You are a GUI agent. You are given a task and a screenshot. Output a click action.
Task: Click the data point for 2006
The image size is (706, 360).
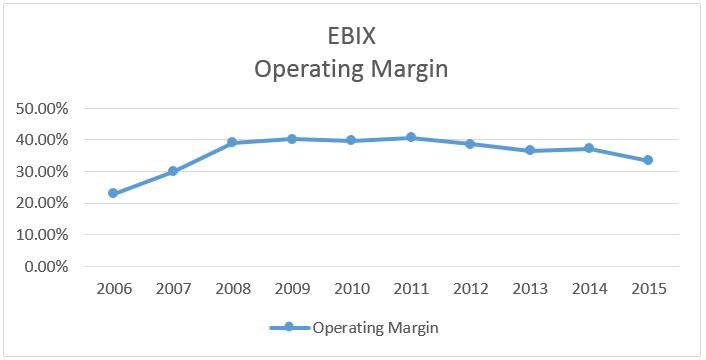pos(113,193)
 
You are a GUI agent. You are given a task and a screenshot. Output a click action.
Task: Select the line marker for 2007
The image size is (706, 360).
pos(173,171)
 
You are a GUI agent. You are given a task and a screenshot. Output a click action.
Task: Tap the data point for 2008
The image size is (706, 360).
pos(232,142)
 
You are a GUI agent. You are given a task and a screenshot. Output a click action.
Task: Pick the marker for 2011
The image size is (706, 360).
pos(411,137)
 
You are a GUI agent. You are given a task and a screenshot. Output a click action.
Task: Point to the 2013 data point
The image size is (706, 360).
pos(530,150)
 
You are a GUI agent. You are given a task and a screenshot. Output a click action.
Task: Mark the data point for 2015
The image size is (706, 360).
pos(649,160)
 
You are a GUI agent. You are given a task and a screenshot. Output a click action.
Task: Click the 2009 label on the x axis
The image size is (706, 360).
pos(292,289)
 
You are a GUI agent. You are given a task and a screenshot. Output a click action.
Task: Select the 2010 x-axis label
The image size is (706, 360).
pos(351,289)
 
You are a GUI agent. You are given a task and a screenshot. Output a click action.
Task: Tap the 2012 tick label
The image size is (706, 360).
pos(471,289)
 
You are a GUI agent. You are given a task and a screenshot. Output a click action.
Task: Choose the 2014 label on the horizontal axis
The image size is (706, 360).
pos(590,289)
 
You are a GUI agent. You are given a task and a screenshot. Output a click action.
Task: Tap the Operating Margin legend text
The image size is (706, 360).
pos(375,327)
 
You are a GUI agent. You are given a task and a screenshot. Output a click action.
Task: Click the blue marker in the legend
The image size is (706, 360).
pos(288,327)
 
